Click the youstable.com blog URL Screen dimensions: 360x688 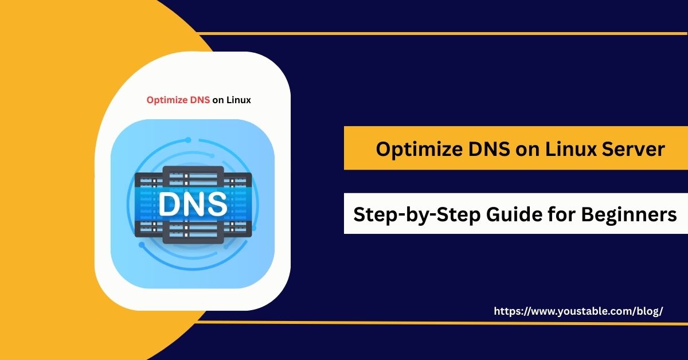pos(578,311)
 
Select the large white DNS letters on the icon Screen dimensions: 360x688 pos(192,205)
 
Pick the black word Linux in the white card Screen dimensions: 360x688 pos(238,100)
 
